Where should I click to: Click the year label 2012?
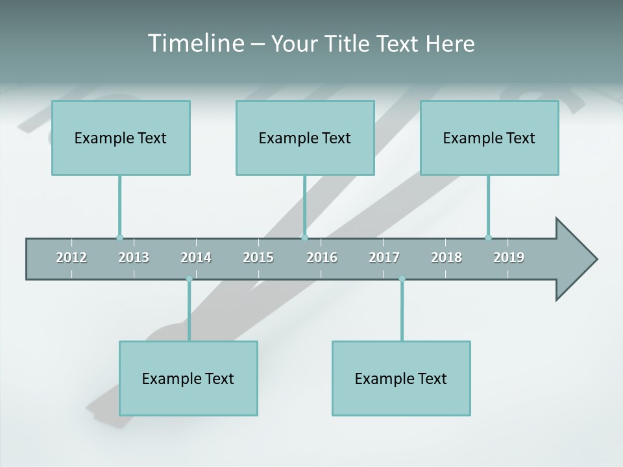[x=71, y=257]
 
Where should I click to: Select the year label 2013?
[x=134, y=257]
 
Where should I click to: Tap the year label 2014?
[x=196, y=257]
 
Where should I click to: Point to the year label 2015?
[x=258, y=257]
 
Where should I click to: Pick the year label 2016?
[x=322, y=257]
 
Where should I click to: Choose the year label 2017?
[x=384, y=257]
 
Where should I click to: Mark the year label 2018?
[x=446, y=257]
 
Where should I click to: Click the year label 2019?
[x=509, y=257]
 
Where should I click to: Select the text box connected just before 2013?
[x=121, y=138]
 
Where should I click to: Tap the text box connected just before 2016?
[x=305, y=138]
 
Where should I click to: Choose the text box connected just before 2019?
[x=489, y=138]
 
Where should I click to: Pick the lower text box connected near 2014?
[x=188, y=378]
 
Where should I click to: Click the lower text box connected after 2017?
[x=401, y=378]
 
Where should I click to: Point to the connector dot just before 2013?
[x=119, y=237]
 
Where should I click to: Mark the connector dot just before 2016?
[x=305, y=237]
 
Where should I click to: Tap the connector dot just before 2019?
[x=489, y=237]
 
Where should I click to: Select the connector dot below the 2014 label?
[x=189, y=279]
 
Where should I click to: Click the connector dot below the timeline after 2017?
[x=402, y=279]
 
